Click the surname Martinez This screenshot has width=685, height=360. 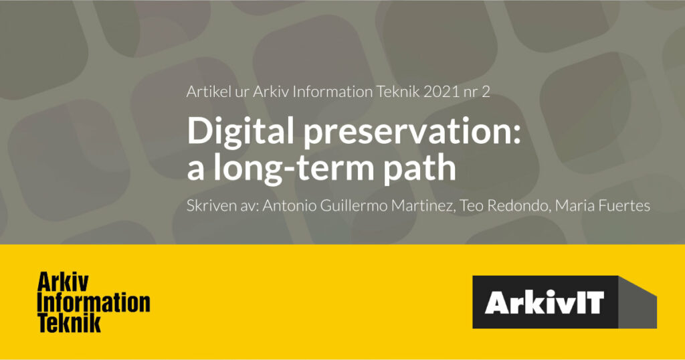(421, 205)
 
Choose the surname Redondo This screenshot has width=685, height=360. (518, 205)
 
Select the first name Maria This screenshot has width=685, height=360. (571, 205)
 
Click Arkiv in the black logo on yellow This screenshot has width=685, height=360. (64, 282)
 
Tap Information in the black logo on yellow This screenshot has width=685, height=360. (94, 302)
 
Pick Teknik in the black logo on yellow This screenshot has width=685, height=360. (70, 323)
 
